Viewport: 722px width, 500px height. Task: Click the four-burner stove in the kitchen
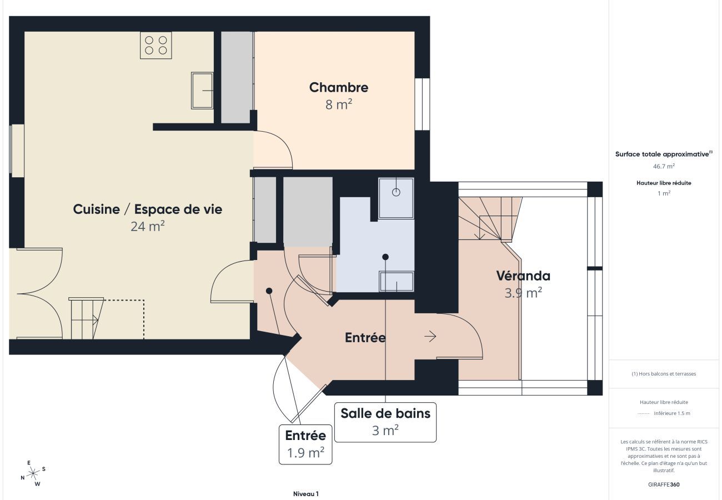(x=156, y=45)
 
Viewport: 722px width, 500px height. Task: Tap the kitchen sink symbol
(x=202, y=90)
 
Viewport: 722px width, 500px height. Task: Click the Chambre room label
(x=338, y=87)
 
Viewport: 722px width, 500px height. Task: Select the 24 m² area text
(x=147, y=226)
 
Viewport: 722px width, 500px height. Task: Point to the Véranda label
(x=523, y=276)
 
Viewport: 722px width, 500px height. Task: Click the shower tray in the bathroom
(x=396, y=198)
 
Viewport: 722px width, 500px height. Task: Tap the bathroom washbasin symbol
(x=396, y=281)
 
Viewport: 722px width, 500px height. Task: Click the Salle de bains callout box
(x=385, y=422)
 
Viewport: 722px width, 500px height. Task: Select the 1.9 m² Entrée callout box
(x=305, y=444)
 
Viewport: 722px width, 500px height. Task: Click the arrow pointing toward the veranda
(x=430, y=336)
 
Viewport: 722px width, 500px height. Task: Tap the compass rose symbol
(x=33, y=473)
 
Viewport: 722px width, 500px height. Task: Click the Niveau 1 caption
(x=305, y=493)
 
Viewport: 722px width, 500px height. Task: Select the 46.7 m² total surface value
(x=664, y=166)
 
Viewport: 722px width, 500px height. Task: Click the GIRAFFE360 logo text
(x=664, y=484)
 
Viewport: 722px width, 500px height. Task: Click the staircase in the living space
(x=85, y=318)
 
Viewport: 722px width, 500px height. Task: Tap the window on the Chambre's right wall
(x=422, y=104)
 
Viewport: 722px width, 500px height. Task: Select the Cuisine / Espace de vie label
(x=147, y=209)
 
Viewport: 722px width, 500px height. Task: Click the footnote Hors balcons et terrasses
(x=664, y=374)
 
